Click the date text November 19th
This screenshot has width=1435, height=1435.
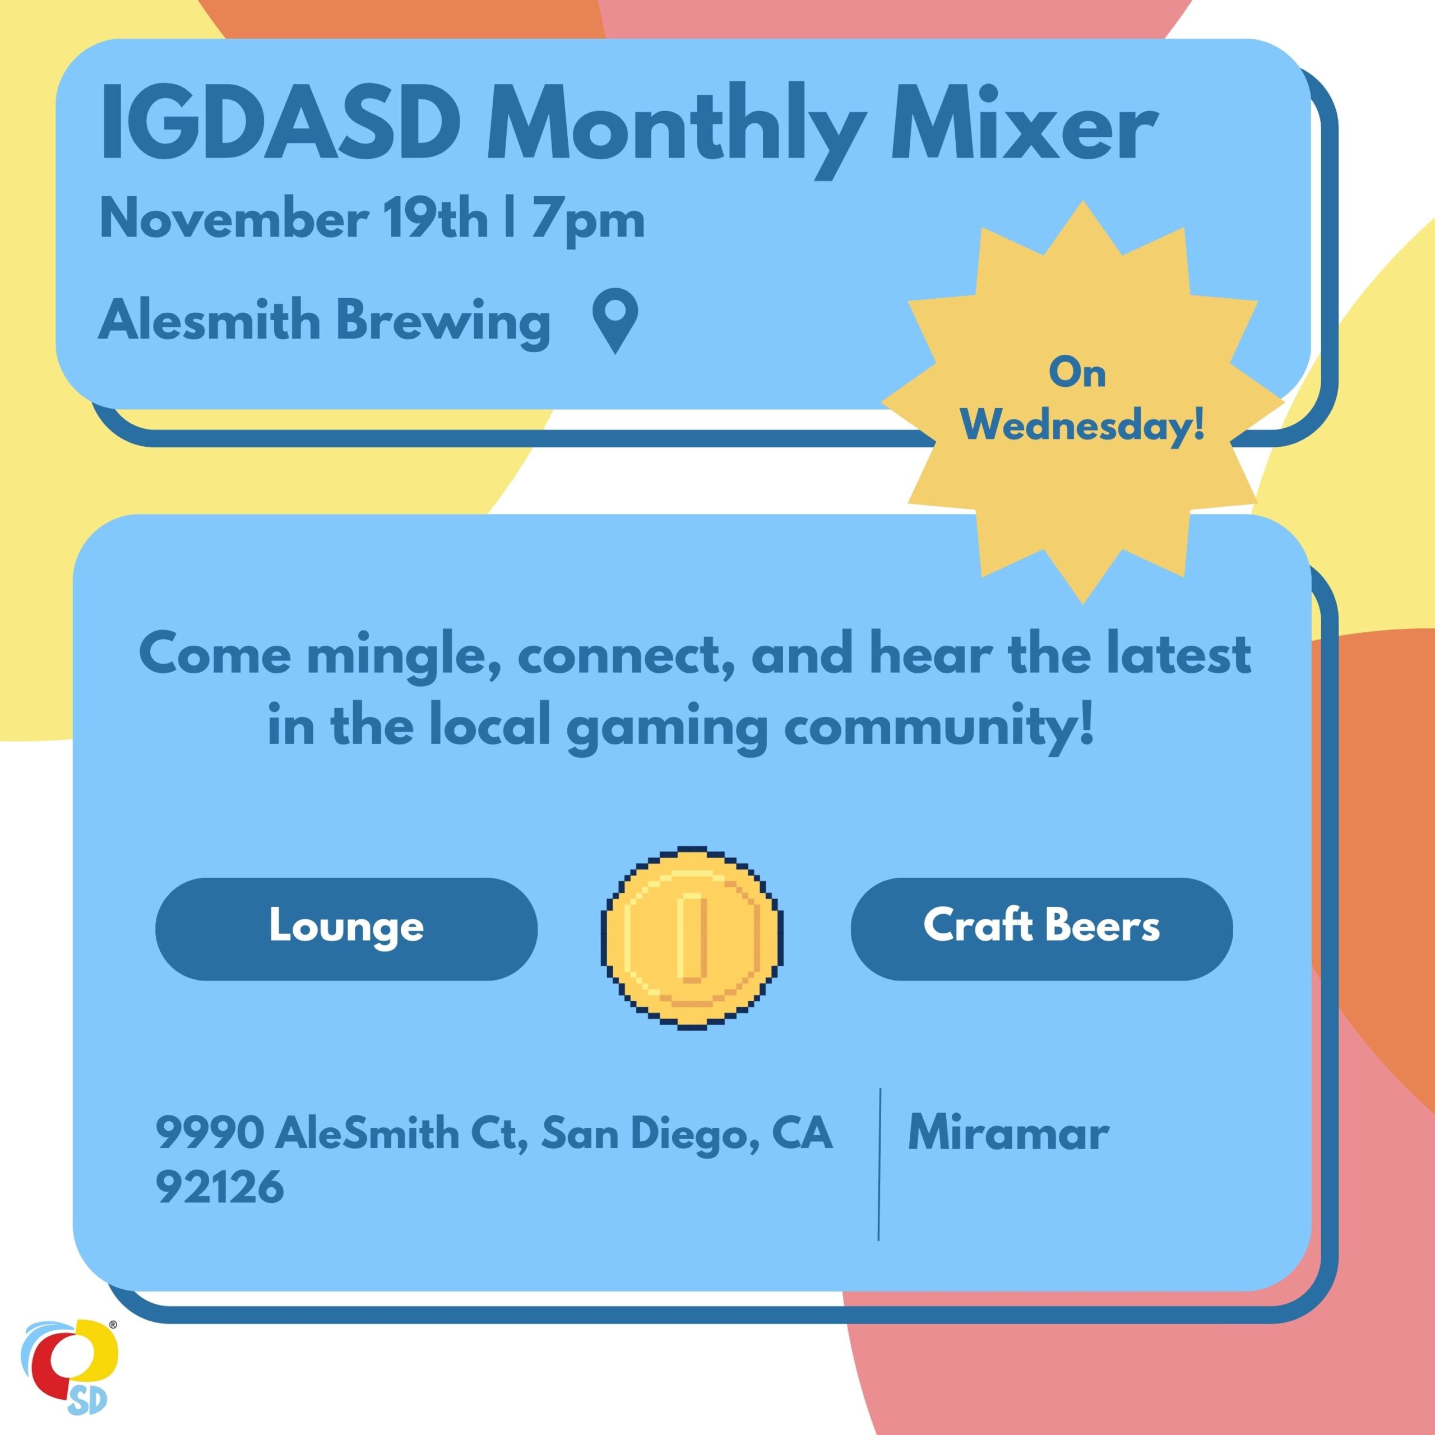tap(293, 219)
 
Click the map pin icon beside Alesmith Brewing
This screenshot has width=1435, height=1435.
tap(615, 320)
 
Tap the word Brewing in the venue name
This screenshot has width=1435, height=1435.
tap(443, 321)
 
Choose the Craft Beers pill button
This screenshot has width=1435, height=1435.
tap(1041, 928)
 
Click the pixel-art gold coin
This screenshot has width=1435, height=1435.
tap(692, 937)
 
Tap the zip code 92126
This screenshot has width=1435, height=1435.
tap(220, 1187)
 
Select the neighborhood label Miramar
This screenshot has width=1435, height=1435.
tap(1008, 1133)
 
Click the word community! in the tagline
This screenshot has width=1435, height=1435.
tap(939, 726)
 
